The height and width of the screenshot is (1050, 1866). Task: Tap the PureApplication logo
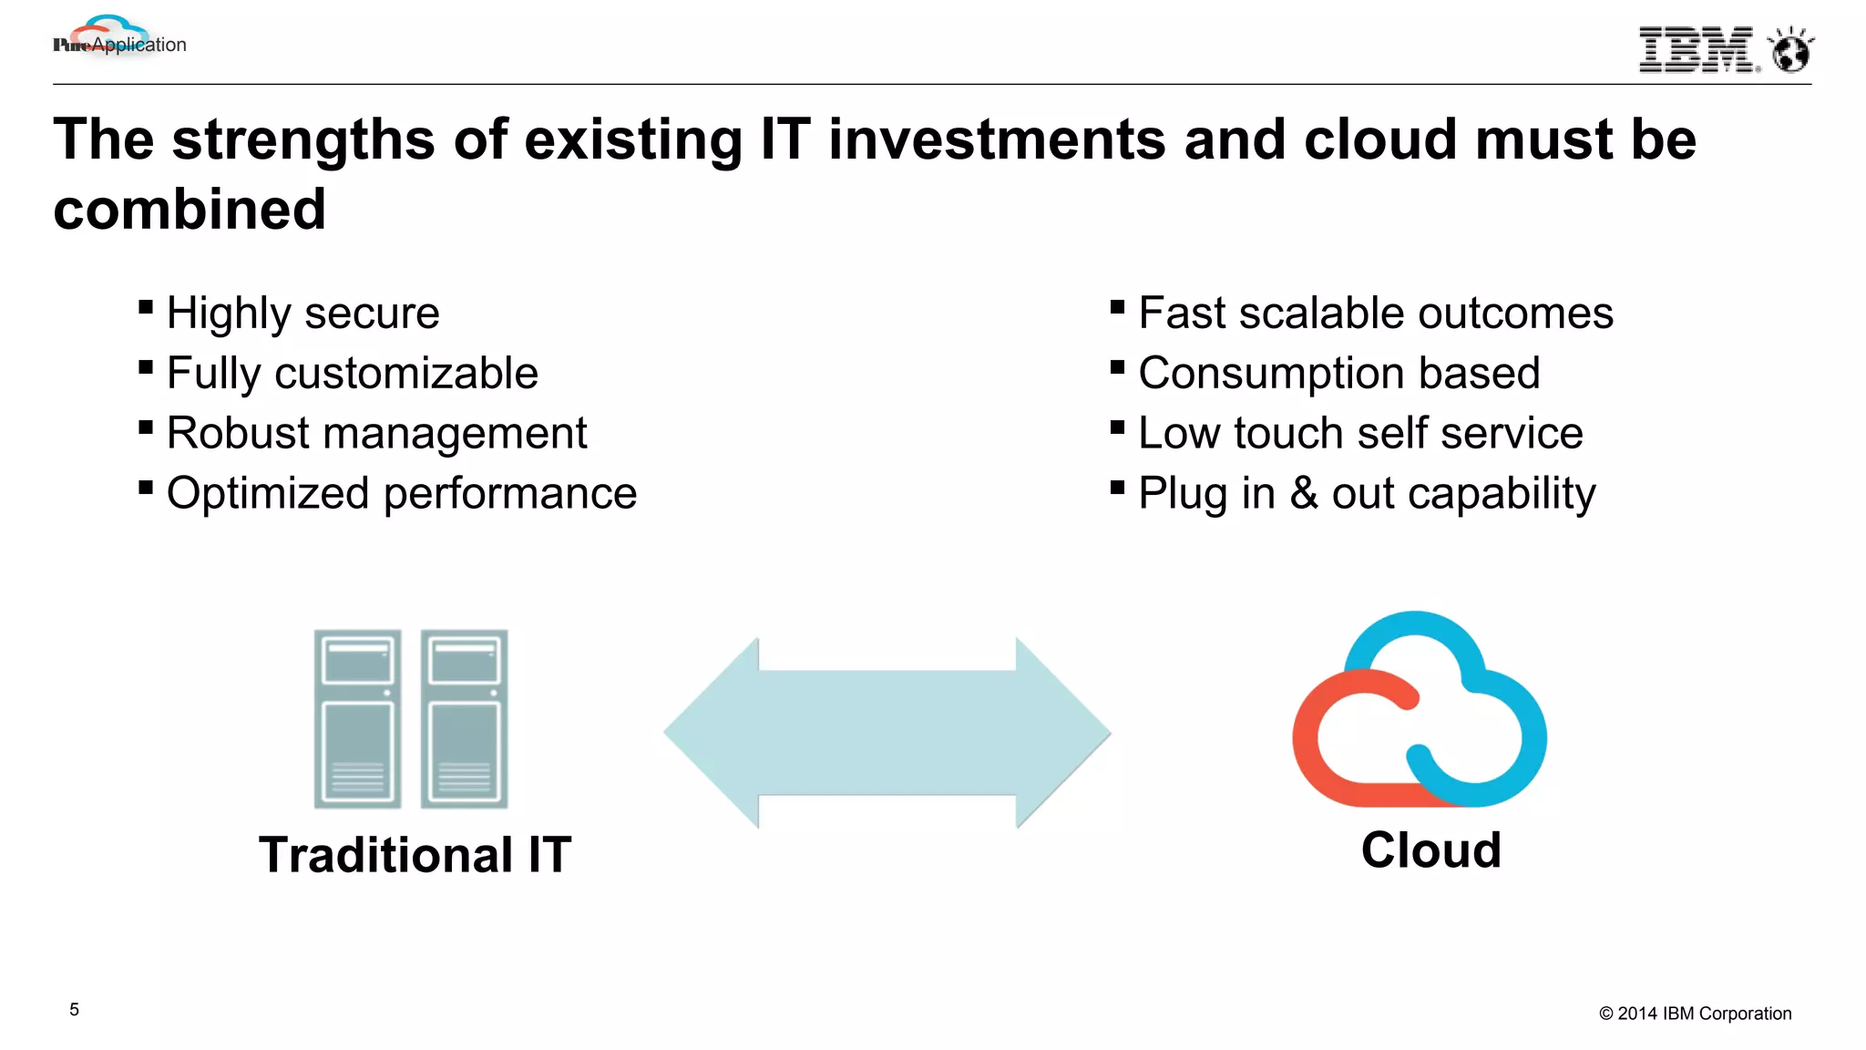119,40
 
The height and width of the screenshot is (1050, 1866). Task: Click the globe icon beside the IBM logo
1790,50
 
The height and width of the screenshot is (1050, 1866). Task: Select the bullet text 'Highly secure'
302,314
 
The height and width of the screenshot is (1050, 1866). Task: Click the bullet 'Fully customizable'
352,374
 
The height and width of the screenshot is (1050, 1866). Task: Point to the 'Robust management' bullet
376,434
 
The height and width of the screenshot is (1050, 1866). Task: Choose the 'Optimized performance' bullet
401,494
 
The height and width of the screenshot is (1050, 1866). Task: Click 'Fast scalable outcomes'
1375,314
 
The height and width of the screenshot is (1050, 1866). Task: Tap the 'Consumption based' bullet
1338,374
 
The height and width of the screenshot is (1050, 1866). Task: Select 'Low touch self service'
1360,434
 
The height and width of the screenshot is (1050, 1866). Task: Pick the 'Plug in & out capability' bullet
1367,494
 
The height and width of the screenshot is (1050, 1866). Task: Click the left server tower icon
357,718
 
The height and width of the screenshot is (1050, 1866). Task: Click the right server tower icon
464,718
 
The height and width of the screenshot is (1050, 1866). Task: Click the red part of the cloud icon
1321,738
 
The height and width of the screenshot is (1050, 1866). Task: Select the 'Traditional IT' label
415,855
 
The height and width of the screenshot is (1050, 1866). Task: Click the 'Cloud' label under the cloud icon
1430,850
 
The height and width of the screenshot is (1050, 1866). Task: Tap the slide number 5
75,1010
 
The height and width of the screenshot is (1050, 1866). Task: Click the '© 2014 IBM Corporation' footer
1695,1014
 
